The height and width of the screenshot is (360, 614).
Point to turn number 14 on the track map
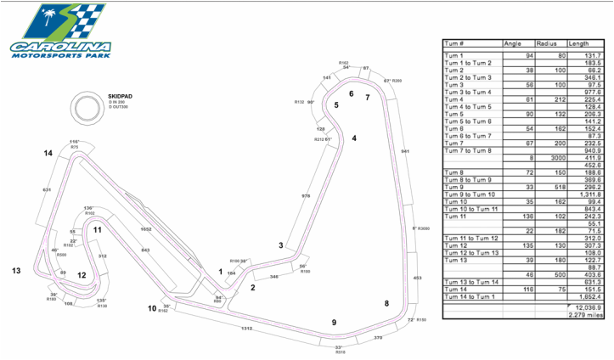pyautogui.click(x=48, y=154)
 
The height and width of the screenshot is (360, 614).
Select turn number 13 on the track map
pyautogui.click(x=15, y=270)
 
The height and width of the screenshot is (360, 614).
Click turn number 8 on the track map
pyautogui.click(x=386, y=303)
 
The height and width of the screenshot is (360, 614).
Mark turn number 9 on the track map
pyautogui.click(x=334, y=322)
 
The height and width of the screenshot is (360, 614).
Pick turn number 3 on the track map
pyautogui.click(x=280, y=245)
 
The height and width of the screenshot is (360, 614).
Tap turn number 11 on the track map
pyautogui.click(x=98, y=229)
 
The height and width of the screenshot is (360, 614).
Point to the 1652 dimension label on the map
pyautogui.click(x=145, y=229)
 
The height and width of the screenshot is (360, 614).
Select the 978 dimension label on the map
pyautogui.click(x=306, y=195)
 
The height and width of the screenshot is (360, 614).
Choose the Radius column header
pyautogui.click(x=546, y=42)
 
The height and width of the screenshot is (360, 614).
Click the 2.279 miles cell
pyautogui.click(x=583, y=315)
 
